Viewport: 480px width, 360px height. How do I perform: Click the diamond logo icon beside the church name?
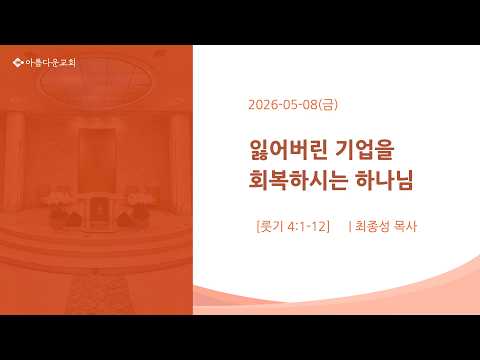click(x=18, y=62)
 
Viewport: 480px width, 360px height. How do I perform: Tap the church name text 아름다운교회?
click(x=51, y=62)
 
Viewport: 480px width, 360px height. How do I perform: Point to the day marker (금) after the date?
click(x=328, y=105)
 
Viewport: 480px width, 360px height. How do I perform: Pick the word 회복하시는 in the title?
click(x=298, y=180)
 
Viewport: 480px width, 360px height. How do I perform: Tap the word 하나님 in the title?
click(x=384, y=180)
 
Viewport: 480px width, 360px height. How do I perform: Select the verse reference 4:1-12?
click(x=306, y=227)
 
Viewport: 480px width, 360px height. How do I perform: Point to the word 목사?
click(x=405, y=226)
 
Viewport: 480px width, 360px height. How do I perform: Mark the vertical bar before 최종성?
click(x=349, y=227)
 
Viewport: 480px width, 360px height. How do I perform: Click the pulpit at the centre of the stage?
click(x=99, y=210)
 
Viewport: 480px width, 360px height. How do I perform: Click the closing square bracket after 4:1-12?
click(x=328, y=227)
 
